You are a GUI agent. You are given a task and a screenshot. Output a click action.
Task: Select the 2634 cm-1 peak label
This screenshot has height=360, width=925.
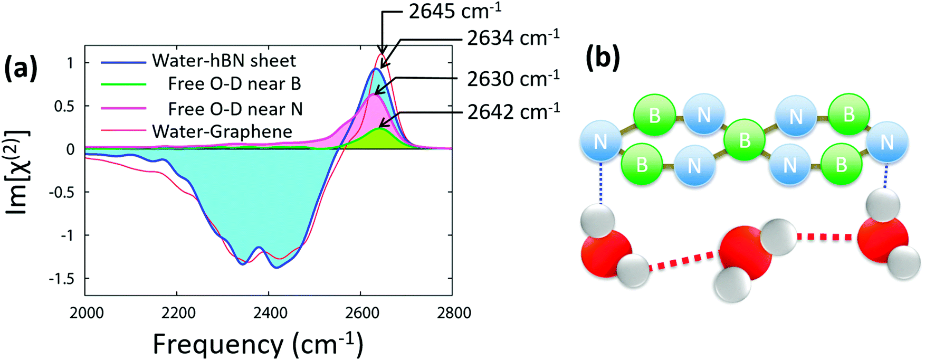click(513, 38)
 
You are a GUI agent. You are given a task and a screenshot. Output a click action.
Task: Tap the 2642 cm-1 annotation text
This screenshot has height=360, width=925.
click(513, 111)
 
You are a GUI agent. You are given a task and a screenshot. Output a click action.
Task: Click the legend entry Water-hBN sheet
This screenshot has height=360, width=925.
click(224, 61)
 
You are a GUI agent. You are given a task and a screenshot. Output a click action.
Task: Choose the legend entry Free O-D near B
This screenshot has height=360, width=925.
click(234, 84)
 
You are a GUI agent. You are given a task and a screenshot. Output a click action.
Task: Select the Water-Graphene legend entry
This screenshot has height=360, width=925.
click(222, 131)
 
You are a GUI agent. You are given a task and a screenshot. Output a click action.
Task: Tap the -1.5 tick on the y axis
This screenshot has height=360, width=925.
click(62, 279)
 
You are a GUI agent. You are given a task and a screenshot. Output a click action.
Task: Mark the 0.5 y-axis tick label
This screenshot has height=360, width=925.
click(65, 106)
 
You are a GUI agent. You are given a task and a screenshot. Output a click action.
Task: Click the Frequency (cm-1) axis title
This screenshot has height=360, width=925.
click(258, 344)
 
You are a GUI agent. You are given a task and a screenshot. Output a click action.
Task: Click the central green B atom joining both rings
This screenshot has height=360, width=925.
click(745, 140)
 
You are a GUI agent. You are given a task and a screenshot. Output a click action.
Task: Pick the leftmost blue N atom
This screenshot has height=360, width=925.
click(600, 141)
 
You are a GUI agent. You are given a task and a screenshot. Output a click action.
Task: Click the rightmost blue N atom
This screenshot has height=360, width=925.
click(887, 141)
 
